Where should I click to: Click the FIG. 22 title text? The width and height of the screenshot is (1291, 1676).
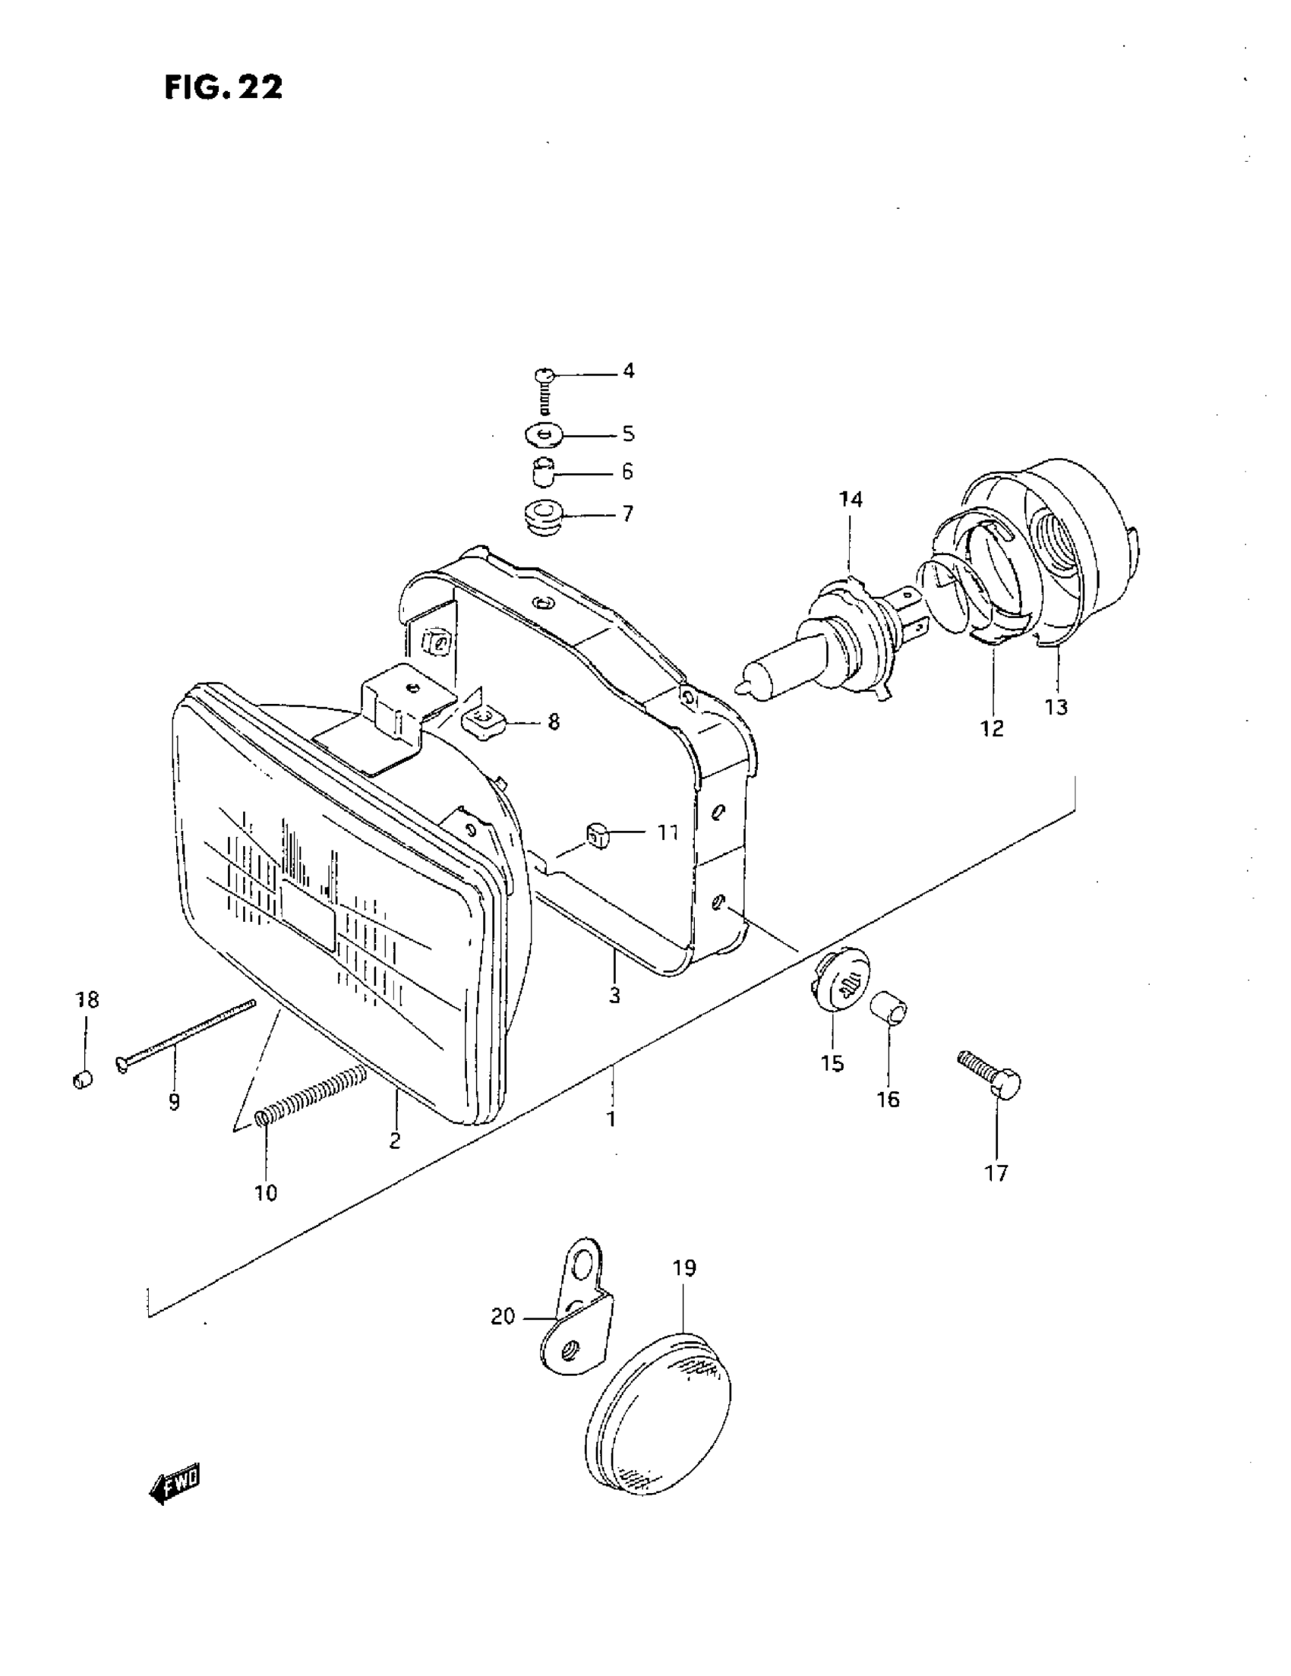point(223,87)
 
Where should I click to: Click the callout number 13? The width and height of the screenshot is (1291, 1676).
point(1056,707)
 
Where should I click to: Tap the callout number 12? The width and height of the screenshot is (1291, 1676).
point(992,728)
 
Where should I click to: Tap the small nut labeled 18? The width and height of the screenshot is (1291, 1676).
point(83,1080)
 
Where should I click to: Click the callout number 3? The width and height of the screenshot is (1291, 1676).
point(614,996)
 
